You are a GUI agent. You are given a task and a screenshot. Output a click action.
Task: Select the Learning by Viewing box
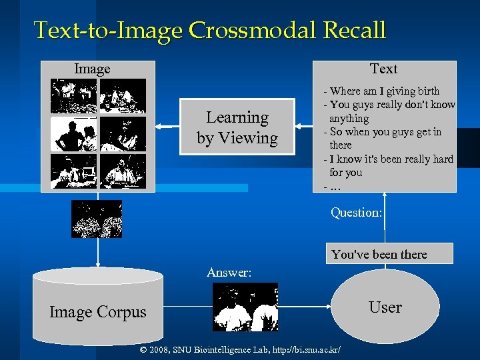point(237,127)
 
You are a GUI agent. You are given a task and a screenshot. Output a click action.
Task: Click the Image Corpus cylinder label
point(97,312)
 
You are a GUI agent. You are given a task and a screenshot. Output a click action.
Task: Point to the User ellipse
point(385,307)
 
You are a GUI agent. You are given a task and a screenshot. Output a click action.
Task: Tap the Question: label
point(357,213)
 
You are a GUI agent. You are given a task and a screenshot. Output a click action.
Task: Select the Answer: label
point(229,272)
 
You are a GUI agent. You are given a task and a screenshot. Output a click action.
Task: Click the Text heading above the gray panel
point(383,69)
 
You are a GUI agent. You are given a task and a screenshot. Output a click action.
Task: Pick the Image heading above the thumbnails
point(92,69)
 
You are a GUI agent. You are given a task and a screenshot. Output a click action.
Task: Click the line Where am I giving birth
point(384,91)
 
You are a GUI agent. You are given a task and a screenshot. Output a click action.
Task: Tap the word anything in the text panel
point(349,119)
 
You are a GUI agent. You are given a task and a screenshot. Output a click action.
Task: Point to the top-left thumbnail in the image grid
point(74,96)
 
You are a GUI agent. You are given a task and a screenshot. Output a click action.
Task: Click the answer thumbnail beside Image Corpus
point(245,307)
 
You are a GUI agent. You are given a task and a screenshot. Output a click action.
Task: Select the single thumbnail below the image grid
point(97,219)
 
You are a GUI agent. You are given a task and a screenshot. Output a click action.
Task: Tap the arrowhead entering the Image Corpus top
point(98,265)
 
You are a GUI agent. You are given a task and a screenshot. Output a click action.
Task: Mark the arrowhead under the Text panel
point(385,195)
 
